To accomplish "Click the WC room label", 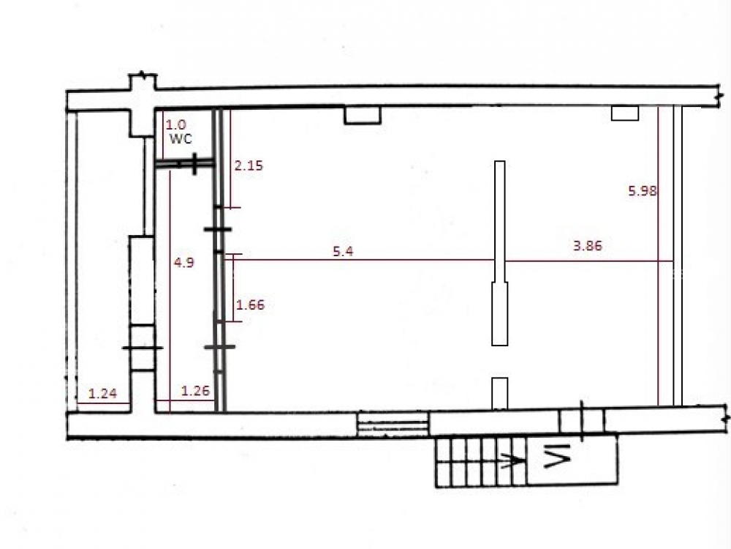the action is (181, 138).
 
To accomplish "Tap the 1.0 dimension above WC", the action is (175, 124).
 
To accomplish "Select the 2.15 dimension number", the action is (249, 165).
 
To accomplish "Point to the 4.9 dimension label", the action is (183, 262).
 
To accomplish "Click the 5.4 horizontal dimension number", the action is (343, 251).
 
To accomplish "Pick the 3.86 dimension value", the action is (588, 245).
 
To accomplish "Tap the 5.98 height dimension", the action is (643, 190).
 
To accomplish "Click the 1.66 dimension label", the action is (250, 305).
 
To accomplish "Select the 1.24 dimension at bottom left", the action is (102, 394).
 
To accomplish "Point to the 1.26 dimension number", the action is (195, 390).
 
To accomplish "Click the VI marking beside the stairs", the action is (558, 456).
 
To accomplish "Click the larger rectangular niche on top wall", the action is (363, 116).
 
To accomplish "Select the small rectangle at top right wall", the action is (625, 113).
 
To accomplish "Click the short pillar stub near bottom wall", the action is (500, 393).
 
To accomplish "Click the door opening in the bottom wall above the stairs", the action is (581, 421).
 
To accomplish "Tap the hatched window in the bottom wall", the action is (393, 424).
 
